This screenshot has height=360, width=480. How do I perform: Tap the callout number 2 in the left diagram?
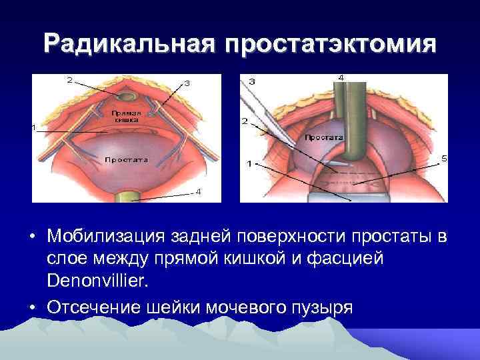(70, 80)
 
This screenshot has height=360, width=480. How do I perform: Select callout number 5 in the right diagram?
(444, 157)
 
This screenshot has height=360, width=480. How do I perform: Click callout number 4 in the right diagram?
(342, 78)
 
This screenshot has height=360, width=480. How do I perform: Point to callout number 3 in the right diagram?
(252, 81)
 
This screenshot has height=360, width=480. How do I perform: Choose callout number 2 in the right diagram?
(245, 121)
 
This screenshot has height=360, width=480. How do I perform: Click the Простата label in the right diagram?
(324, 137)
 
